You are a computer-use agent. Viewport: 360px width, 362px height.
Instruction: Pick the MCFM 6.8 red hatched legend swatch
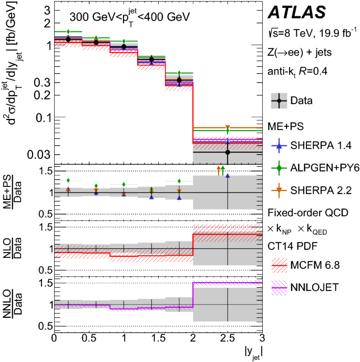(x=281, y=267)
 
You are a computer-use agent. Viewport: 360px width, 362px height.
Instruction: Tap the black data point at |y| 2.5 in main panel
(x=228, y=153)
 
